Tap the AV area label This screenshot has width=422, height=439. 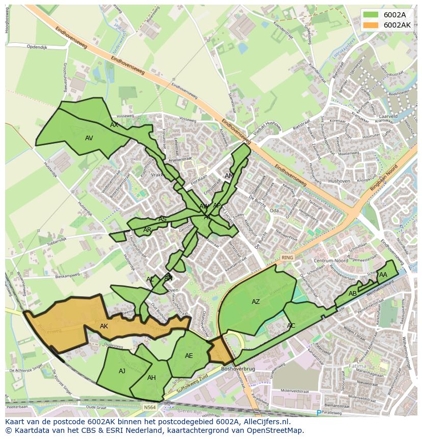(89, 138)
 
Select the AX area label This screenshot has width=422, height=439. (114, 125)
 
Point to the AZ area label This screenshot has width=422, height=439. (256, 302)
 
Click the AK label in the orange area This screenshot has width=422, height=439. (104, 326)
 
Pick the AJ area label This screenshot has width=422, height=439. (122, 371)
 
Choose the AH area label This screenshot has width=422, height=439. (151, 378)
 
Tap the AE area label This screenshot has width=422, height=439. (189, 356)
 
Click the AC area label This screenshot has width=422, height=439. (291, 326)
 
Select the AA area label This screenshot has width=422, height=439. (383, 275)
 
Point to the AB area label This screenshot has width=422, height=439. (353, 294)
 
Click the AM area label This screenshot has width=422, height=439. (229, 176)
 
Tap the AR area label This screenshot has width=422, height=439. (147, 230)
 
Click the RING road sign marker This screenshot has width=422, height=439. (287, 257)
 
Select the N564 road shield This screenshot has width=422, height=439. (149, 407)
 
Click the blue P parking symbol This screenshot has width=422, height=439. (319, 412)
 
